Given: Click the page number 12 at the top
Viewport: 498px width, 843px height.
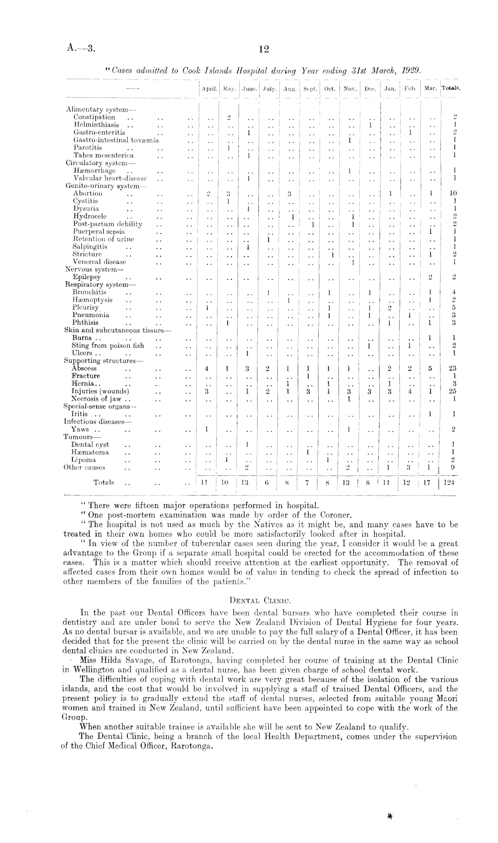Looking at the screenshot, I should pyautogui.click(x=263, y=49).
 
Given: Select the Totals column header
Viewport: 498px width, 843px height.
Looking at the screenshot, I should pyautogui.click(x=451, y=88).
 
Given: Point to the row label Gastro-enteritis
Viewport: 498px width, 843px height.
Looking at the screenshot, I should pyautogui.click(x=99, y=132).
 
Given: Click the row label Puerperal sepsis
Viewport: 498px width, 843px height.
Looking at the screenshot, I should pyautogui.click(x=100, y=232).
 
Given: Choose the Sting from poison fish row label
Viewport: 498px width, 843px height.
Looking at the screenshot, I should pyautogui.click(x=108, y=346).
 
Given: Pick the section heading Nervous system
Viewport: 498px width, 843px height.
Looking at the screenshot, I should pyautogui.click(x=94, y=270).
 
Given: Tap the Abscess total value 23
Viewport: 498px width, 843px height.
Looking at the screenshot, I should pyautogui.click(x=452, y=369).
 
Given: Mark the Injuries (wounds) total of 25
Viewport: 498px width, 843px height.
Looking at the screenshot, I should pyautogui.click(x=452, y=392).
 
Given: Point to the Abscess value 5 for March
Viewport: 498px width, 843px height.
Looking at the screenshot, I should pyautogui.click(x=430, y=369).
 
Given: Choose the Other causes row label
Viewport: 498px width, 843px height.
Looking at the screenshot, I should pyautogui.click(x=84, y=468).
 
